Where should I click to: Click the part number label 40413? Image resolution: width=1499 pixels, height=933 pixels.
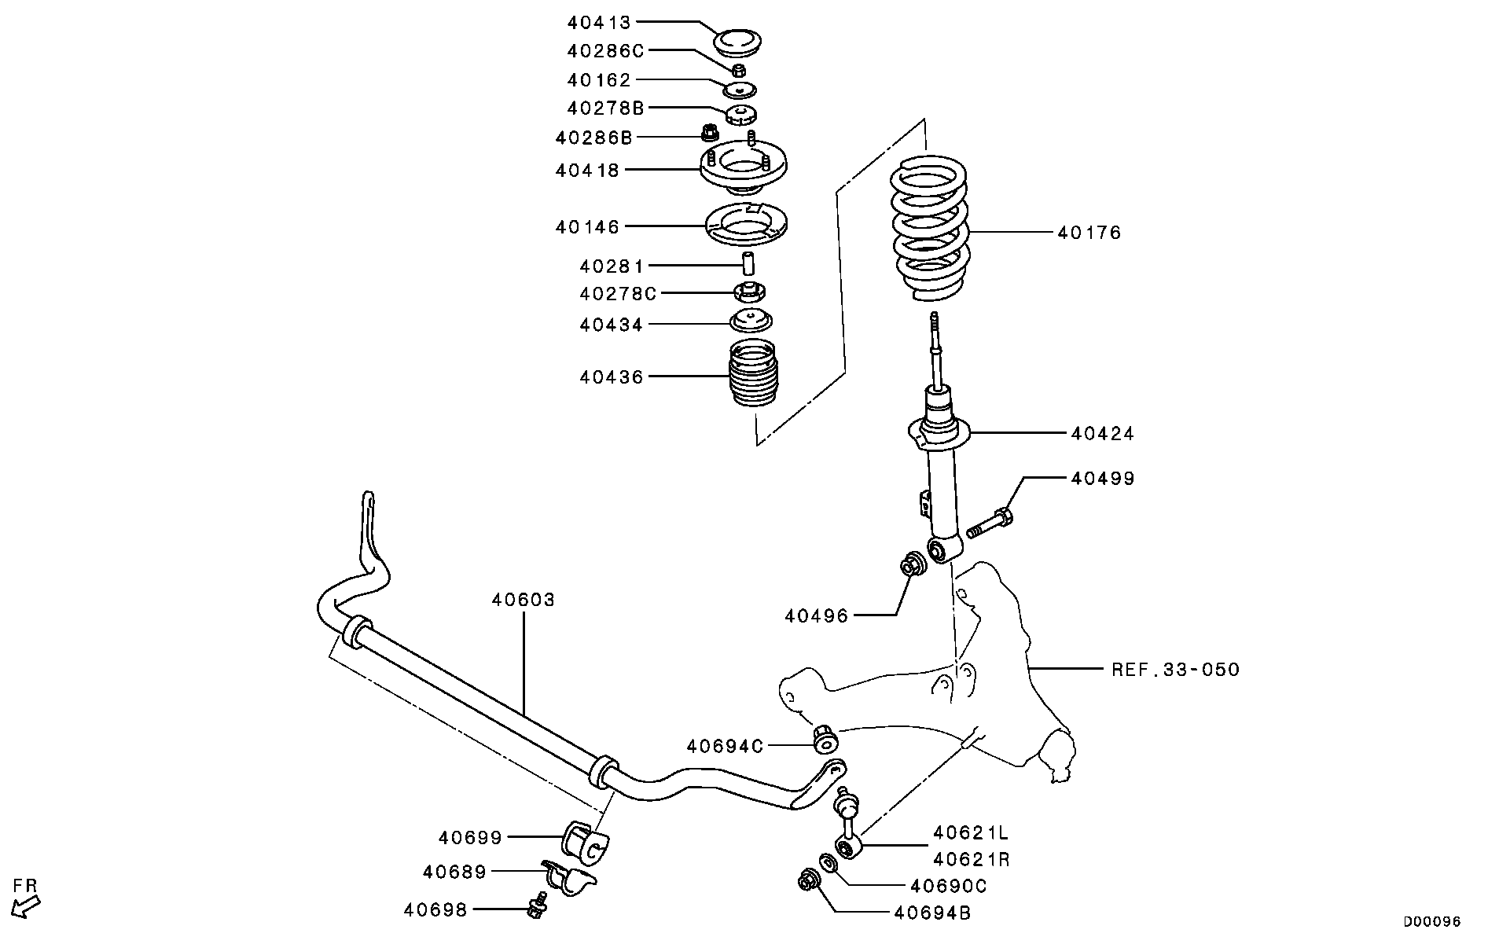[600, 23]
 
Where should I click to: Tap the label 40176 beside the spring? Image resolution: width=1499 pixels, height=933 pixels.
[1089, 233]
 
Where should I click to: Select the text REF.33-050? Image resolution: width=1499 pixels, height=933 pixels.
[1175, 670]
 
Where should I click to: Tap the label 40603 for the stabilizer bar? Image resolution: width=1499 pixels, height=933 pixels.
[524, 600]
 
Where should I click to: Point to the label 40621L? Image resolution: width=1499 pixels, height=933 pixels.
[970, 832]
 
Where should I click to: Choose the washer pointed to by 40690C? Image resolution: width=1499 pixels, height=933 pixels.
[828, 863]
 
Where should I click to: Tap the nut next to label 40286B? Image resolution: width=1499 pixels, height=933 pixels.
[708, 133]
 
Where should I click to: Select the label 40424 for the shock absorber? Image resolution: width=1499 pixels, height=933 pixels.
[1102, 433]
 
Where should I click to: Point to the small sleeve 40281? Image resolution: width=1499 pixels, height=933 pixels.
[749, 264]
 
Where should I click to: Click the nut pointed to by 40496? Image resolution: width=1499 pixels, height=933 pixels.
[913, 564]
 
